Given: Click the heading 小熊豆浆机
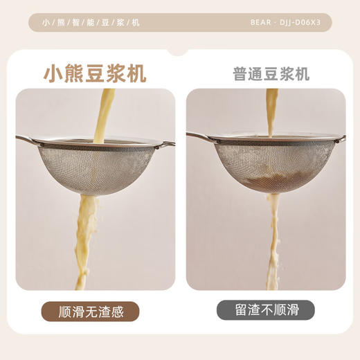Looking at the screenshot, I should [x=95, y=73].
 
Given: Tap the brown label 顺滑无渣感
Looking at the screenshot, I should [x=91, y=311].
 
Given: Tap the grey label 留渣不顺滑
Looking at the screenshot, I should [x=265, y=311].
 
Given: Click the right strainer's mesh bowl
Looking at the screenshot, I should [x=267, y=166].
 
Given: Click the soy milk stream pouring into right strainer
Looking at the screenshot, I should [x=272, y=111].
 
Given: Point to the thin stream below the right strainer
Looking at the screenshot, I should [x=276, y=235].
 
